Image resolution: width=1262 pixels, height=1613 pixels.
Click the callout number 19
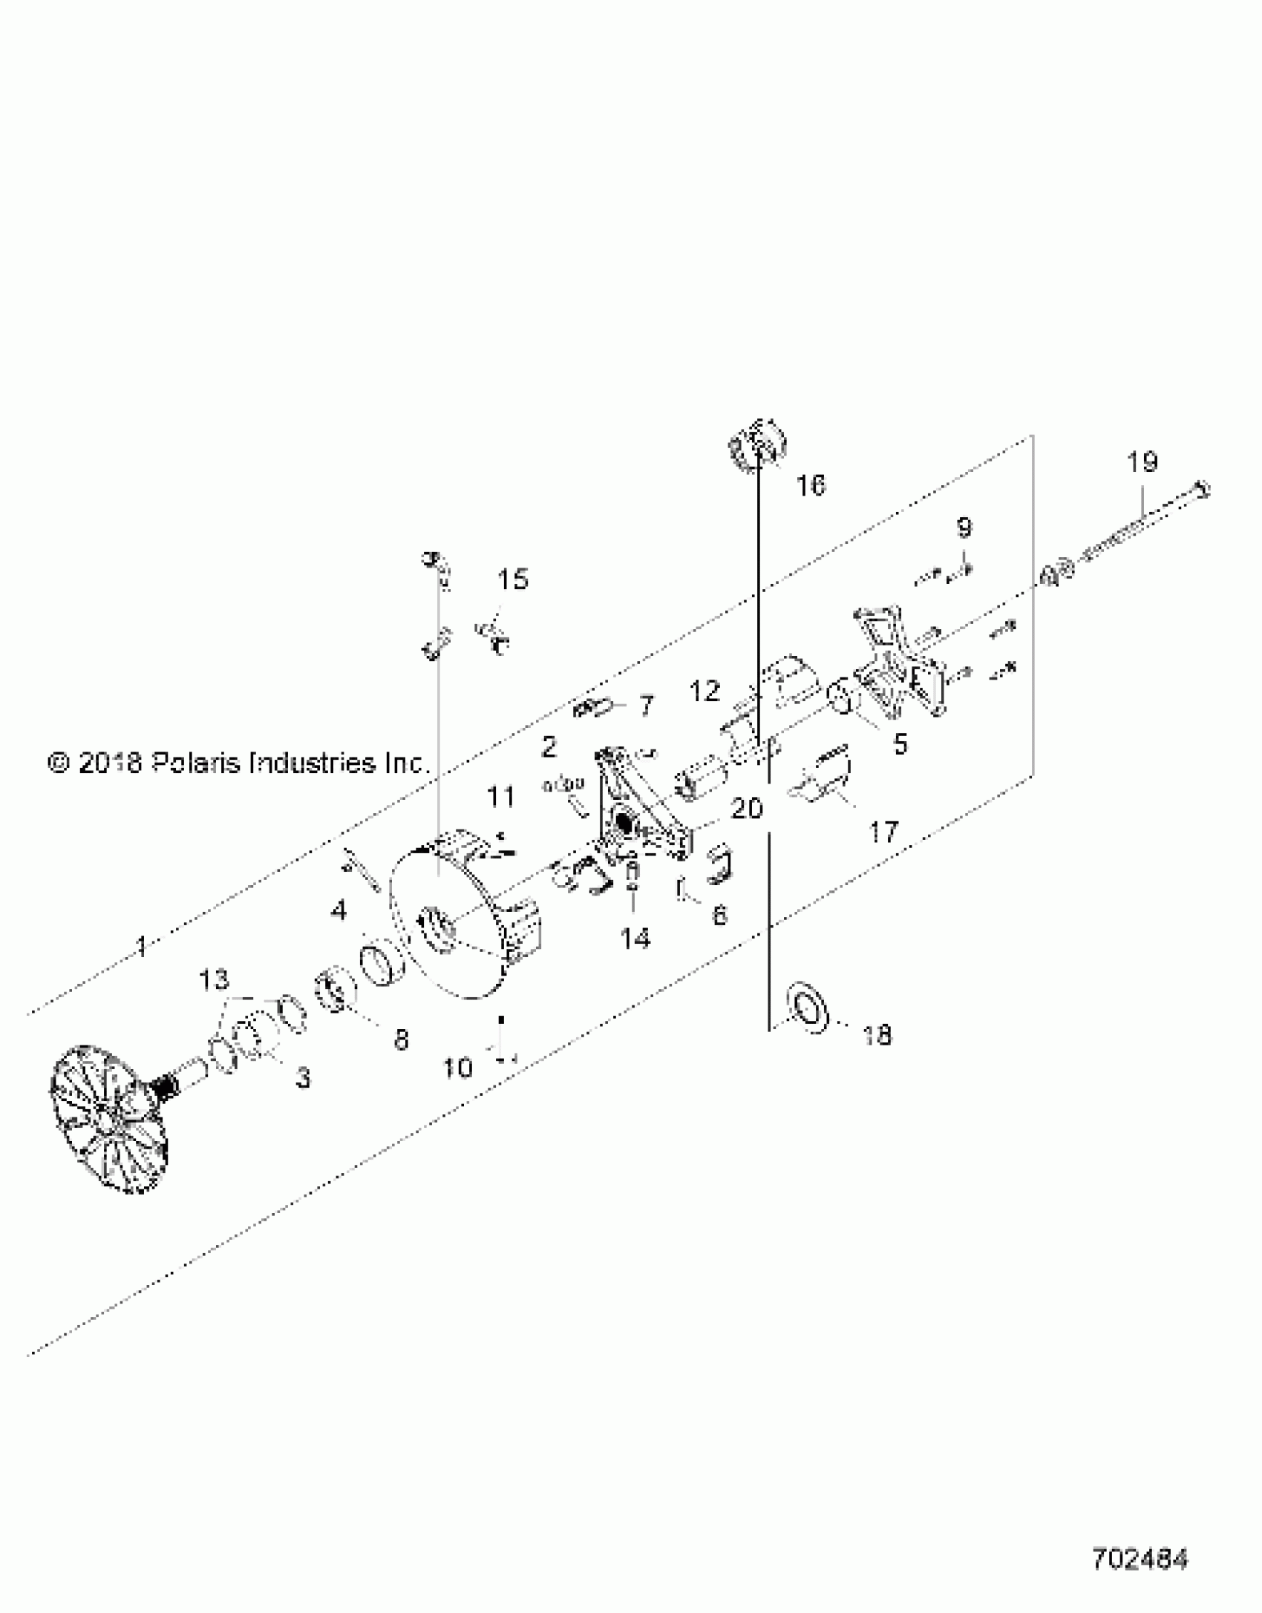click(1142, 463)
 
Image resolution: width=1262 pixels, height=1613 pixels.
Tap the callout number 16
click(810, 486)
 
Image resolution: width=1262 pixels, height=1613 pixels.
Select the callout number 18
click(877, 1035)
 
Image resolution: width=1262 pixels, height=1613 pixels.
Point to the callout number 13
click(214, 980)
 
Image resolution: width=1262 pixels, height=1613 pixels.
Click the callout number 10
click(457, 1068)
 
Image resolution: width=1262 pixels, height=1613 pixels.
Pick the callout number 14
click(635, 939)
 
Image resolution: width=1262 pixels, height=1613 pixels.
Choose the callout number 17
click(883, 832)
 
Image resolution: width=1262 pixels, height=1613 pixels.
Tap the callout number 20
click(747, 808)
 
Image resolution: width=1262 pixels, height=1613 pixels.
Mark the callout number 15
click(512, 579)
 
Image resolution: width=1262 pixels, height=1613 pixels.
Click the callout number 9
click(963, 528)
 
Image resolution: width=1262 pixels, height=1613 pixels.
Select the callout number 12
click(704, 691)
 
